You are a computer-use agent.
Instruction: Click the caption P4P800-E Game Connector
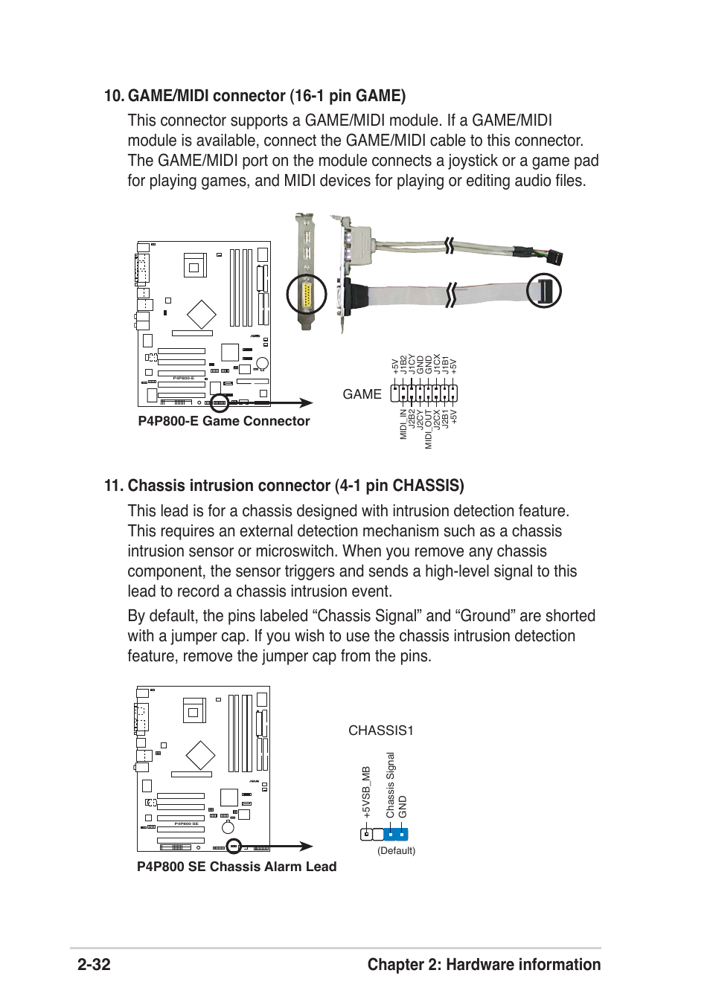tap(223, 421)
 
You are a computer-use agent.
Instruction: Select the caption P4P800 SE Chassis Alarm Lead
tap(237, 867)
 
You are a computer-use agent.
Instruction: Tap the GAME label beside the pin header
tap(362, 394)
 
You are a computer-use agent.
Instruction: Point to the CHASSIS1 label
tap(380, 731)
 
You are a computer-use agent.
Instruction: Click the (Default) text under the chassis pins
tap(396, 850)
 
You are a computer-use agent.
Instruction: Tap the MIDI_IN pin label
tap(403, 424)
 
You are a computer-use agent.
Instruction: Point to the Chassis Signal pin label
tap(390, 786)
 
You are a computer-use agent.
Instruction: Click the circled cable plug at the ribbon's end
tap(544, 291)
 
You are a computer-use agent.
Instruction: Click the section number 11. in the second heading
tap(113, 486)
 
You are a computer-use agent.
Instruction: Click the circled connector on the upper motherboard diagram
tap(219, 403)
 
